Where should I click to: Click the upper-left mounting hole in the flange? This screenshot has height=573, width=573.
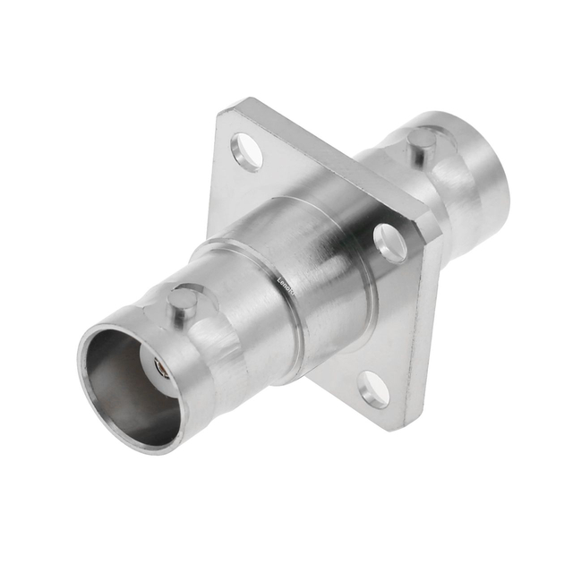tap(247, 151)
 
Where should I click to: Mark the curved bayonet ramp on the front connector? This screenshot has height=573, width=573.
tap(210, 313)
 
